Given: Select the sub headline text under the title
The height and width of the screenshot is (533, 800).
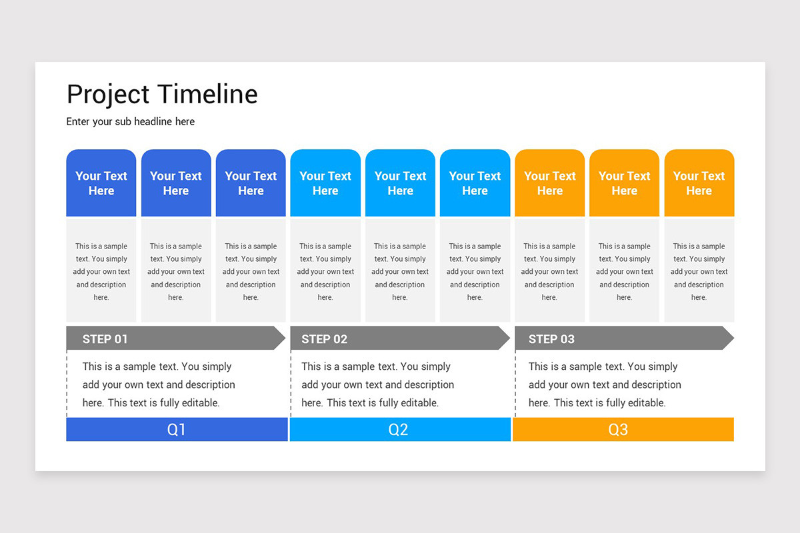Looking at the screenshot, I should coord(131,122).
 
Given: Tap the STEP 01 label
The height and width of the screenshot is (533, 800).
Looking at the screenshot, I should coord(105,339).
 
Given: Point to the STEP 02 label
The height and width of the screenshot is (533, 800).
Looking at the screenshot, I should coord(324,339).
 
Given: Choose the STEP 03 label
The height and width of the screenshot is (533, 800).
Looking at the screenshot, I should coord(551,339).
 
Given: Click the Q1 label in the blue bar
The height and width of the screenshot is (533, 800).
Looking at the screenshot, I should coord(176,430).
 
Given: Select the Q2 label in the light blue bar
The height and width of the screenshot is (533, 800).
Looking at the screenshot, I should coord(398,430).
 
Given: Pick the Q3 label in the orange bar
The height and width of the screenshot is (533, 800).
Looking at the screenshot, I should coord(618,430).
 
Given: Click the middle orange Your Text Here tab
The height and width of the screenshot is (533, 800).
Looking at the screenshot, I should coord(624,183).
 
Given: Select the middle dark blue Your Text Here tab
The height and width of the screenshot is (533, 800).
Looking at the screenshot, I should coord(176,183).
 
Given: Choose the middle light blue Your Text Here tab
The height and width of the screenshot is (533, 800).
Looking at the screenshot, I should coord(400,183).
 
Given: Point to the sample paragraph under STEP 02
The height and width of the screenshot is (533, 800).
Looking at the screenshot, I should coord(377,384).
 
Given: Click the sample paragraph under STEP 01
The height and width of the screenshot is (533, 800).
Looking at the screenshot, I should coord(159,384).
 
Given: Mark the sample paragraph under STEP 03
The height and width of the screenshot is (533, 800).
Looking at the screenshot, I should coord(605,384).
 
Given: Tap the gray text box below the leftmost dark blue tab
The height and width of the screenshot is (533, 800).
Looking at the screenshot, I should coord(101,271).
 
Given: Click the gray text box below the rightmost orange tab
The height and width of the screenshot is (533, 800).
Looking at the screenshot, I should coord(699,271).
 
